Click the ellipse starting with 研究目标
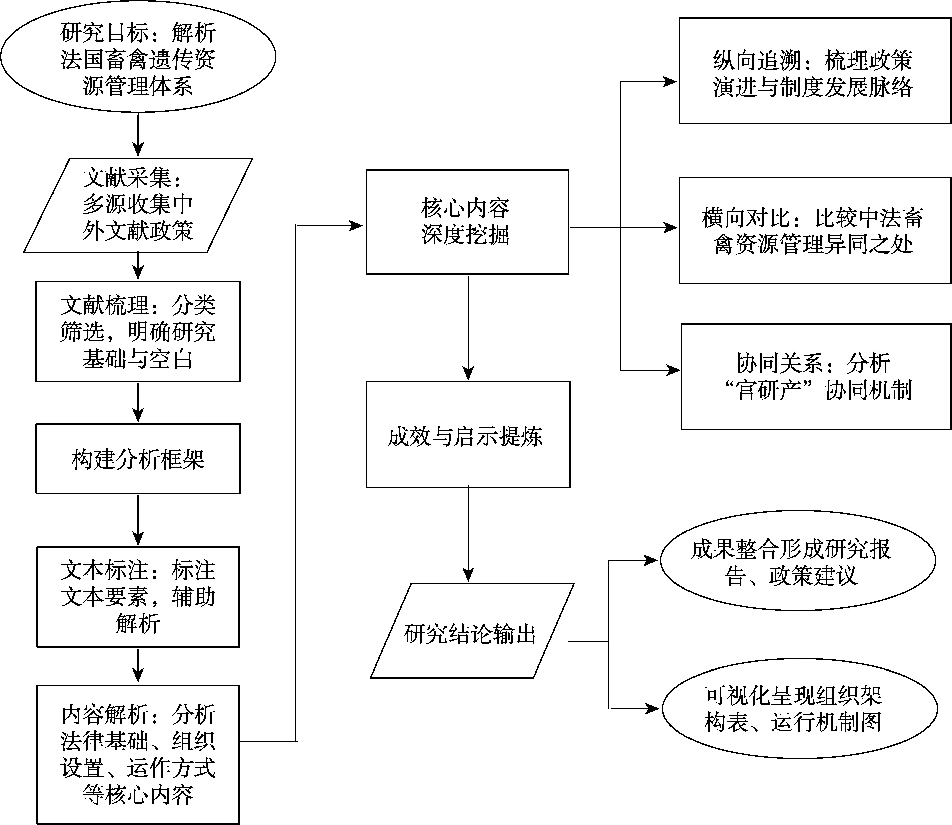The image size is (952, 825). [x=138, y=57]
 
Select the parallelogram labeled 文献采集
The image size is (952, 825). [x=138, y=205]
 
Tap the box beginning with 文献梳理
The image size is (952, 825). [x=138, y=331]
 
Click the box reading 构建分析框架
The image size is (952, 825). [x=138, y=458]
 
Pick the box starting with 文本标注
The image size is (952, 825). [x=138, y=597]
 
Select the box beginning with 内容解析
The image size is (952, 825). [x=138, y=754]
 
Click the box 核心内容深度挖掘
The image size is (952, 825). [x=467, y=222]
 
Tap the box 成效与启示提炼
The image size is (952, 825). [x=468, y=434]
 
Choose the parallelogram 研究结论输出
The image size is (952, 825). [x=472, y=631]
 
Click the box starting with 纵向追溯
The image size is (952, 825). [x=815, y=71]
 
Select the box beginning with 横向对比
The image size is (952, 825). [x=815, y=230]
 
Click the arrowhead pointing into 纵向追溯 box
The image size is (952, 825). [x=670, y=82]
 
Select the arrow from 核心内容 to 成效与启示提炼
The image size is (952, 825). [x=468, y=328]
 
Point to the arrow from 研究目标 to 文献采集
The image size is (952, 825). [x=138, y=134]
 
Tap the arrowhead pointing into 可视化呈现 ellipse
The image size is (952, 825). [x=653, y=709]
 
